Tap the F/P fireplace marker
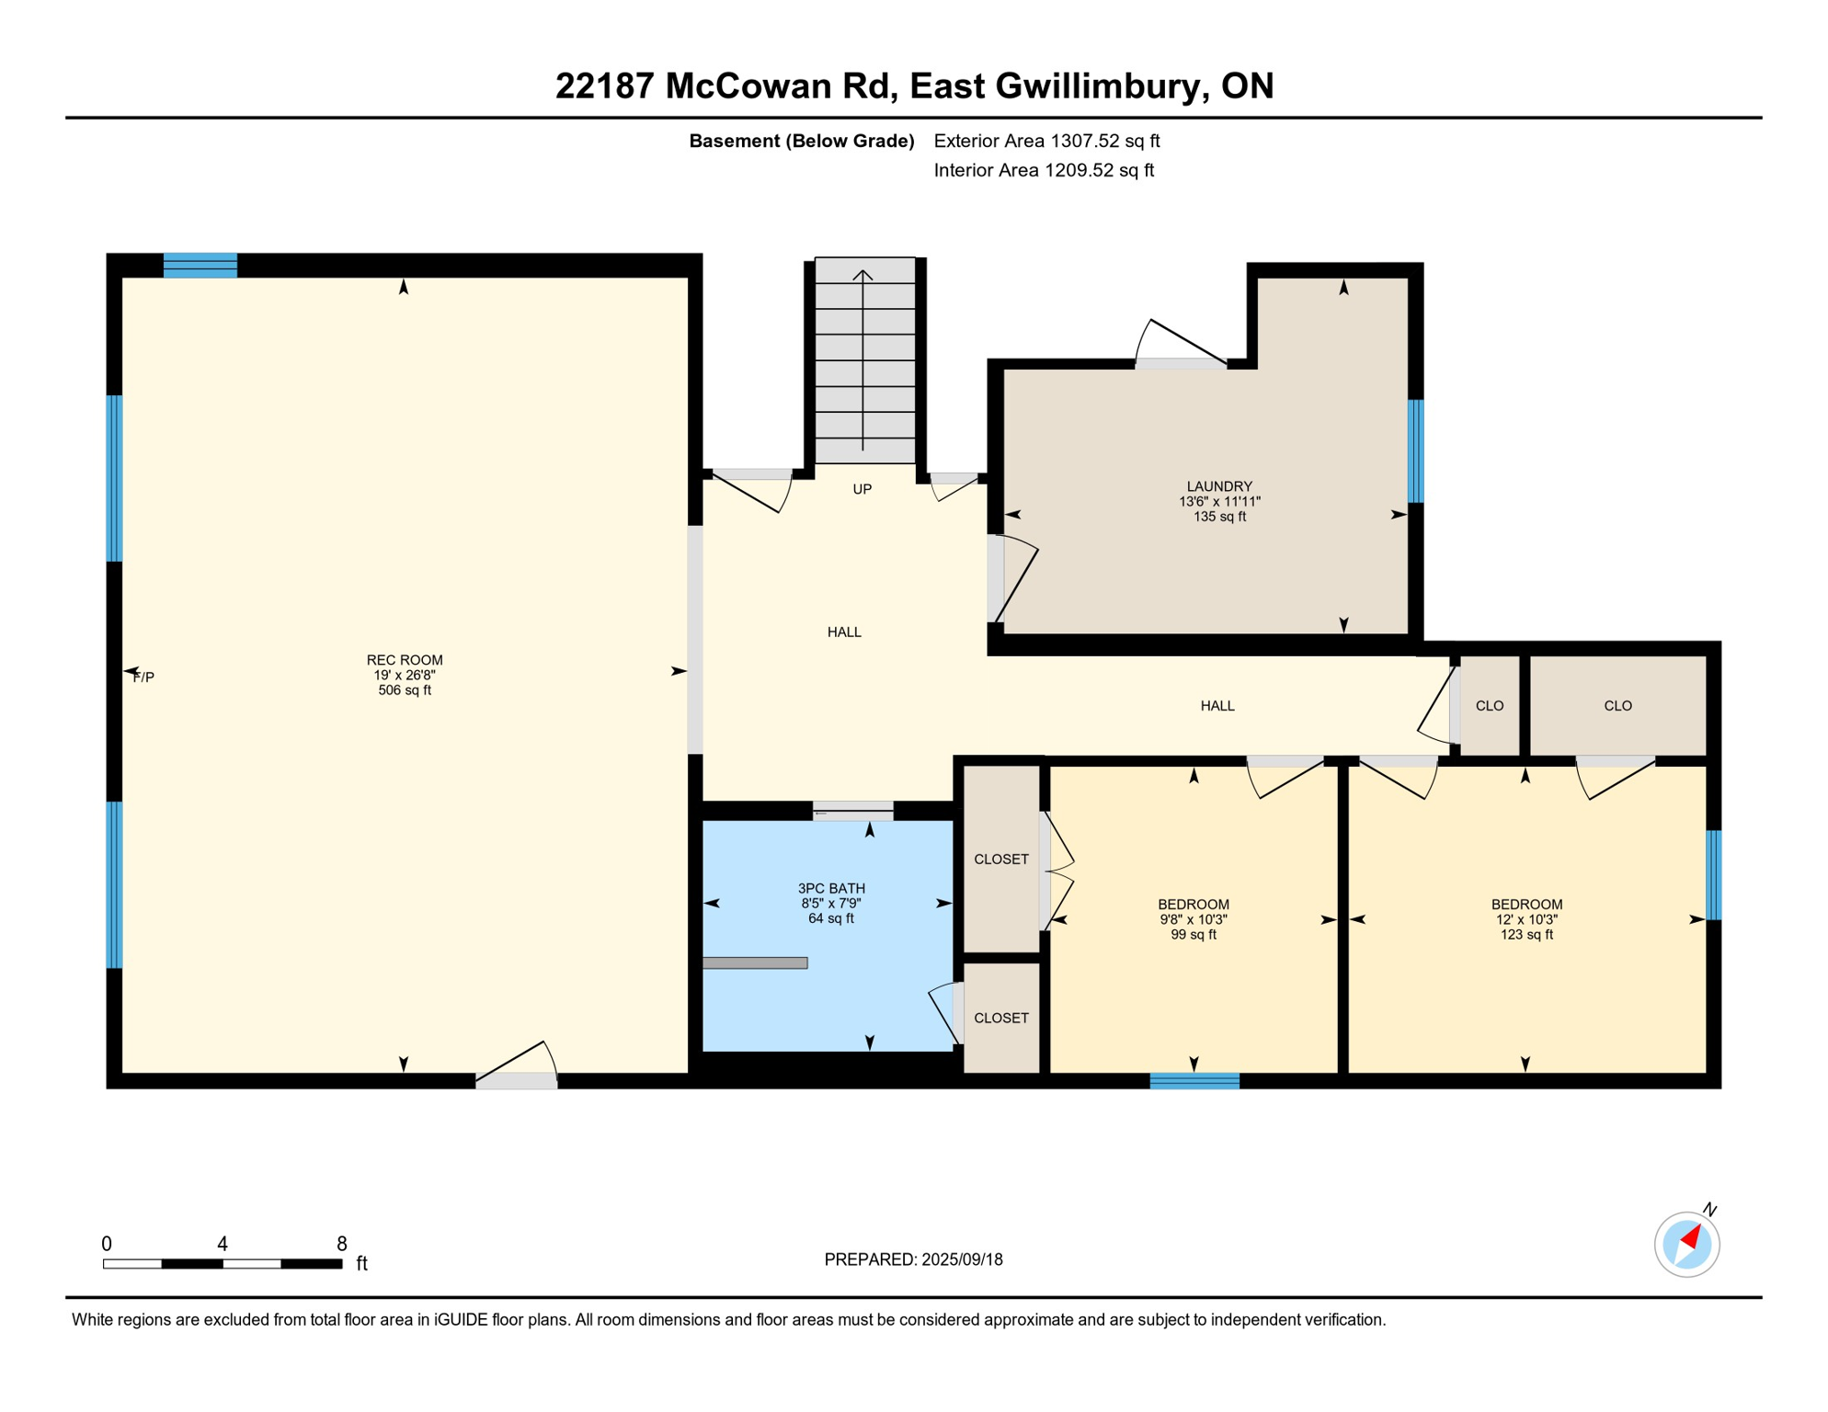point(143,678)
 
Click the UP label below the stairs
point(862,489)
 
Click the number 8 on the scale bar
point(342,1244)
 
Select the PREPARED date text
point(913,1259)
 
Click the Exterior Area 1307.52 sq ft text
point(1046,141)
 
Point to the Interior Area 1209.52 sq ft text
point(1044,170)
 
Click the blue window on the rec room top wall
point(200,265)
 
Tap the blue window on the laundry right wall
point(1416,451)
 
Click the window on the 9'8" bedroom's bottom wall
point(1194,1081)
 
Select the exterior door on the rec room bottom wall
point(516,1081)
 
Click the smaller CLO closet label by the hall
point(1490,706)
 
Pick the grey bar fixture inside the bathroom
point(755,962)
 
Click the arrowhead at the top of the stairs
point(863,274)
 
